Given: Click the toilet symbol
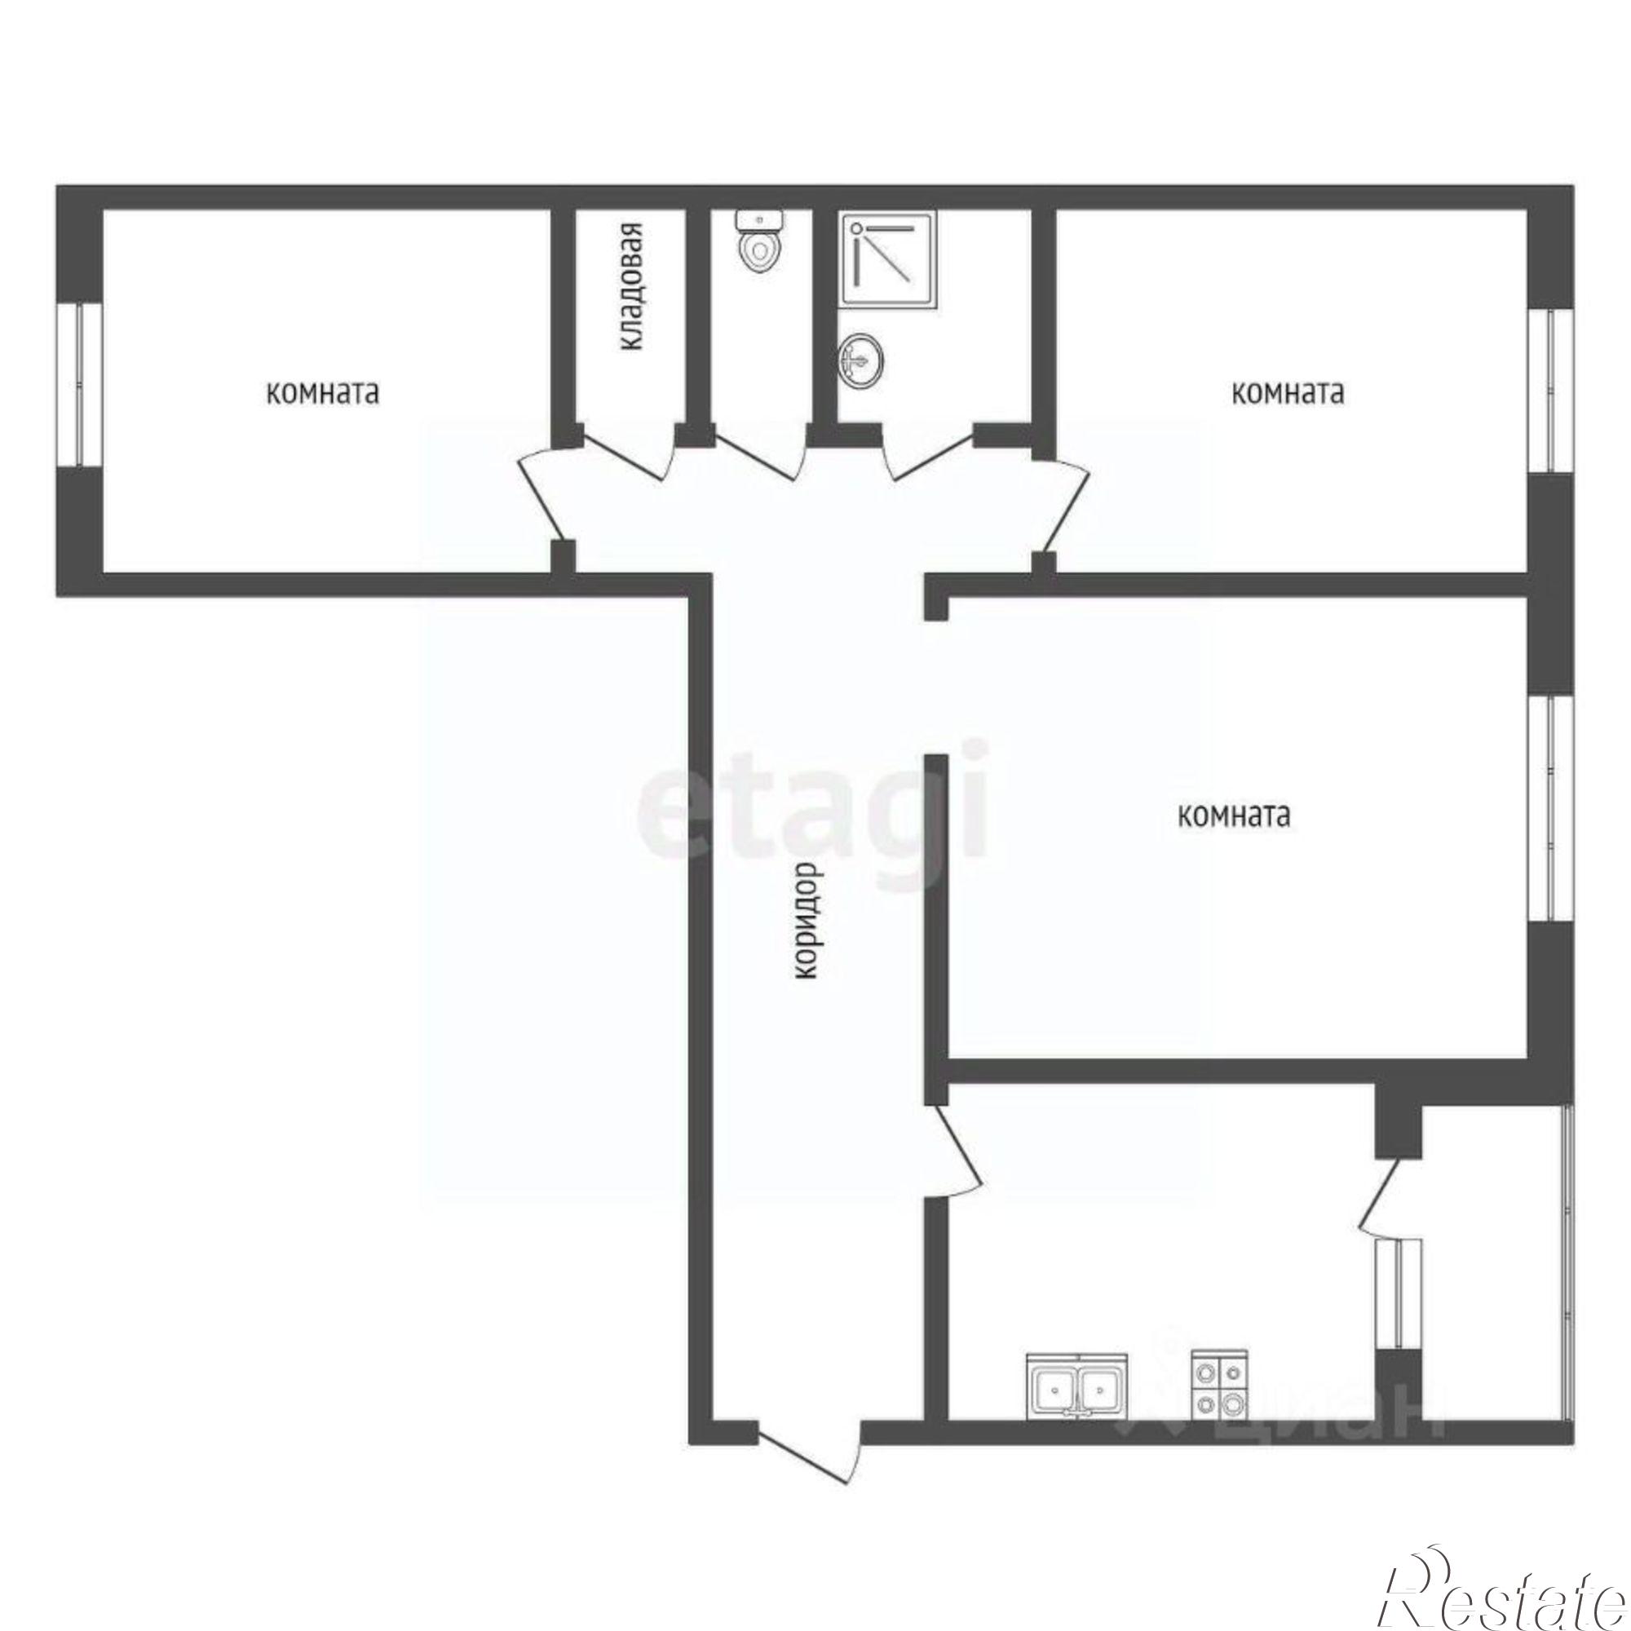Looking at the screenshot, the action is pos(761,241).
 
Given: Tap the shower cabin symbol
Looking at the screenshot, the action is pos(887,259).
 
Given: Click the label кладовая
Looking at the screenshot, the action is pos(631,287).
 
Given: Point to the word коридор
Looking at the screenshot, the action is pos(807,920).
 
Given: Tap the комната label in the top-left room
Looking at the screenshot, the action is pos(322,393).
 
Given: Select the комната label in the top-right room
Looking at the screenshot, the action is pos(1288,393).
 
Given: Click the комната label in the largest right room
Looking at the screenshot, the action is pos(1234,815).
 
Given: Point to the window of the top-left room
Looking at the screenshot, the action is pos(79,385).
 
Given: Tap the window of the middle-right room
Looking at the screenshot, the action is pos(1552,807).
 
